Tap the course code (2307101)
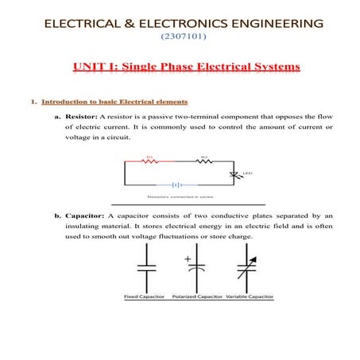click(x=180, y=37)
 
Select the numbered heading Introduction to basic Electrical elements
click(x=114, y=102)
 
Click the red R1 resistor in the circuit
click(x=149, y=161)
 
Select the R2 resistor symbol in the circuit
click(x=203, y=161)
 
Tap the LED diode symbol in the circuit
click(x=233, y=174)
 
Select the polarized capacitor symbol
click(x=195, y=269)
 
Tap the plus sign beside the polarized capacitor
click(x=188, y=258)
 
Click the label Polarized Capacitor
click(x=195, y=296)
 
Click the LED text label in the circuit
click(x=247, y=172)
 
